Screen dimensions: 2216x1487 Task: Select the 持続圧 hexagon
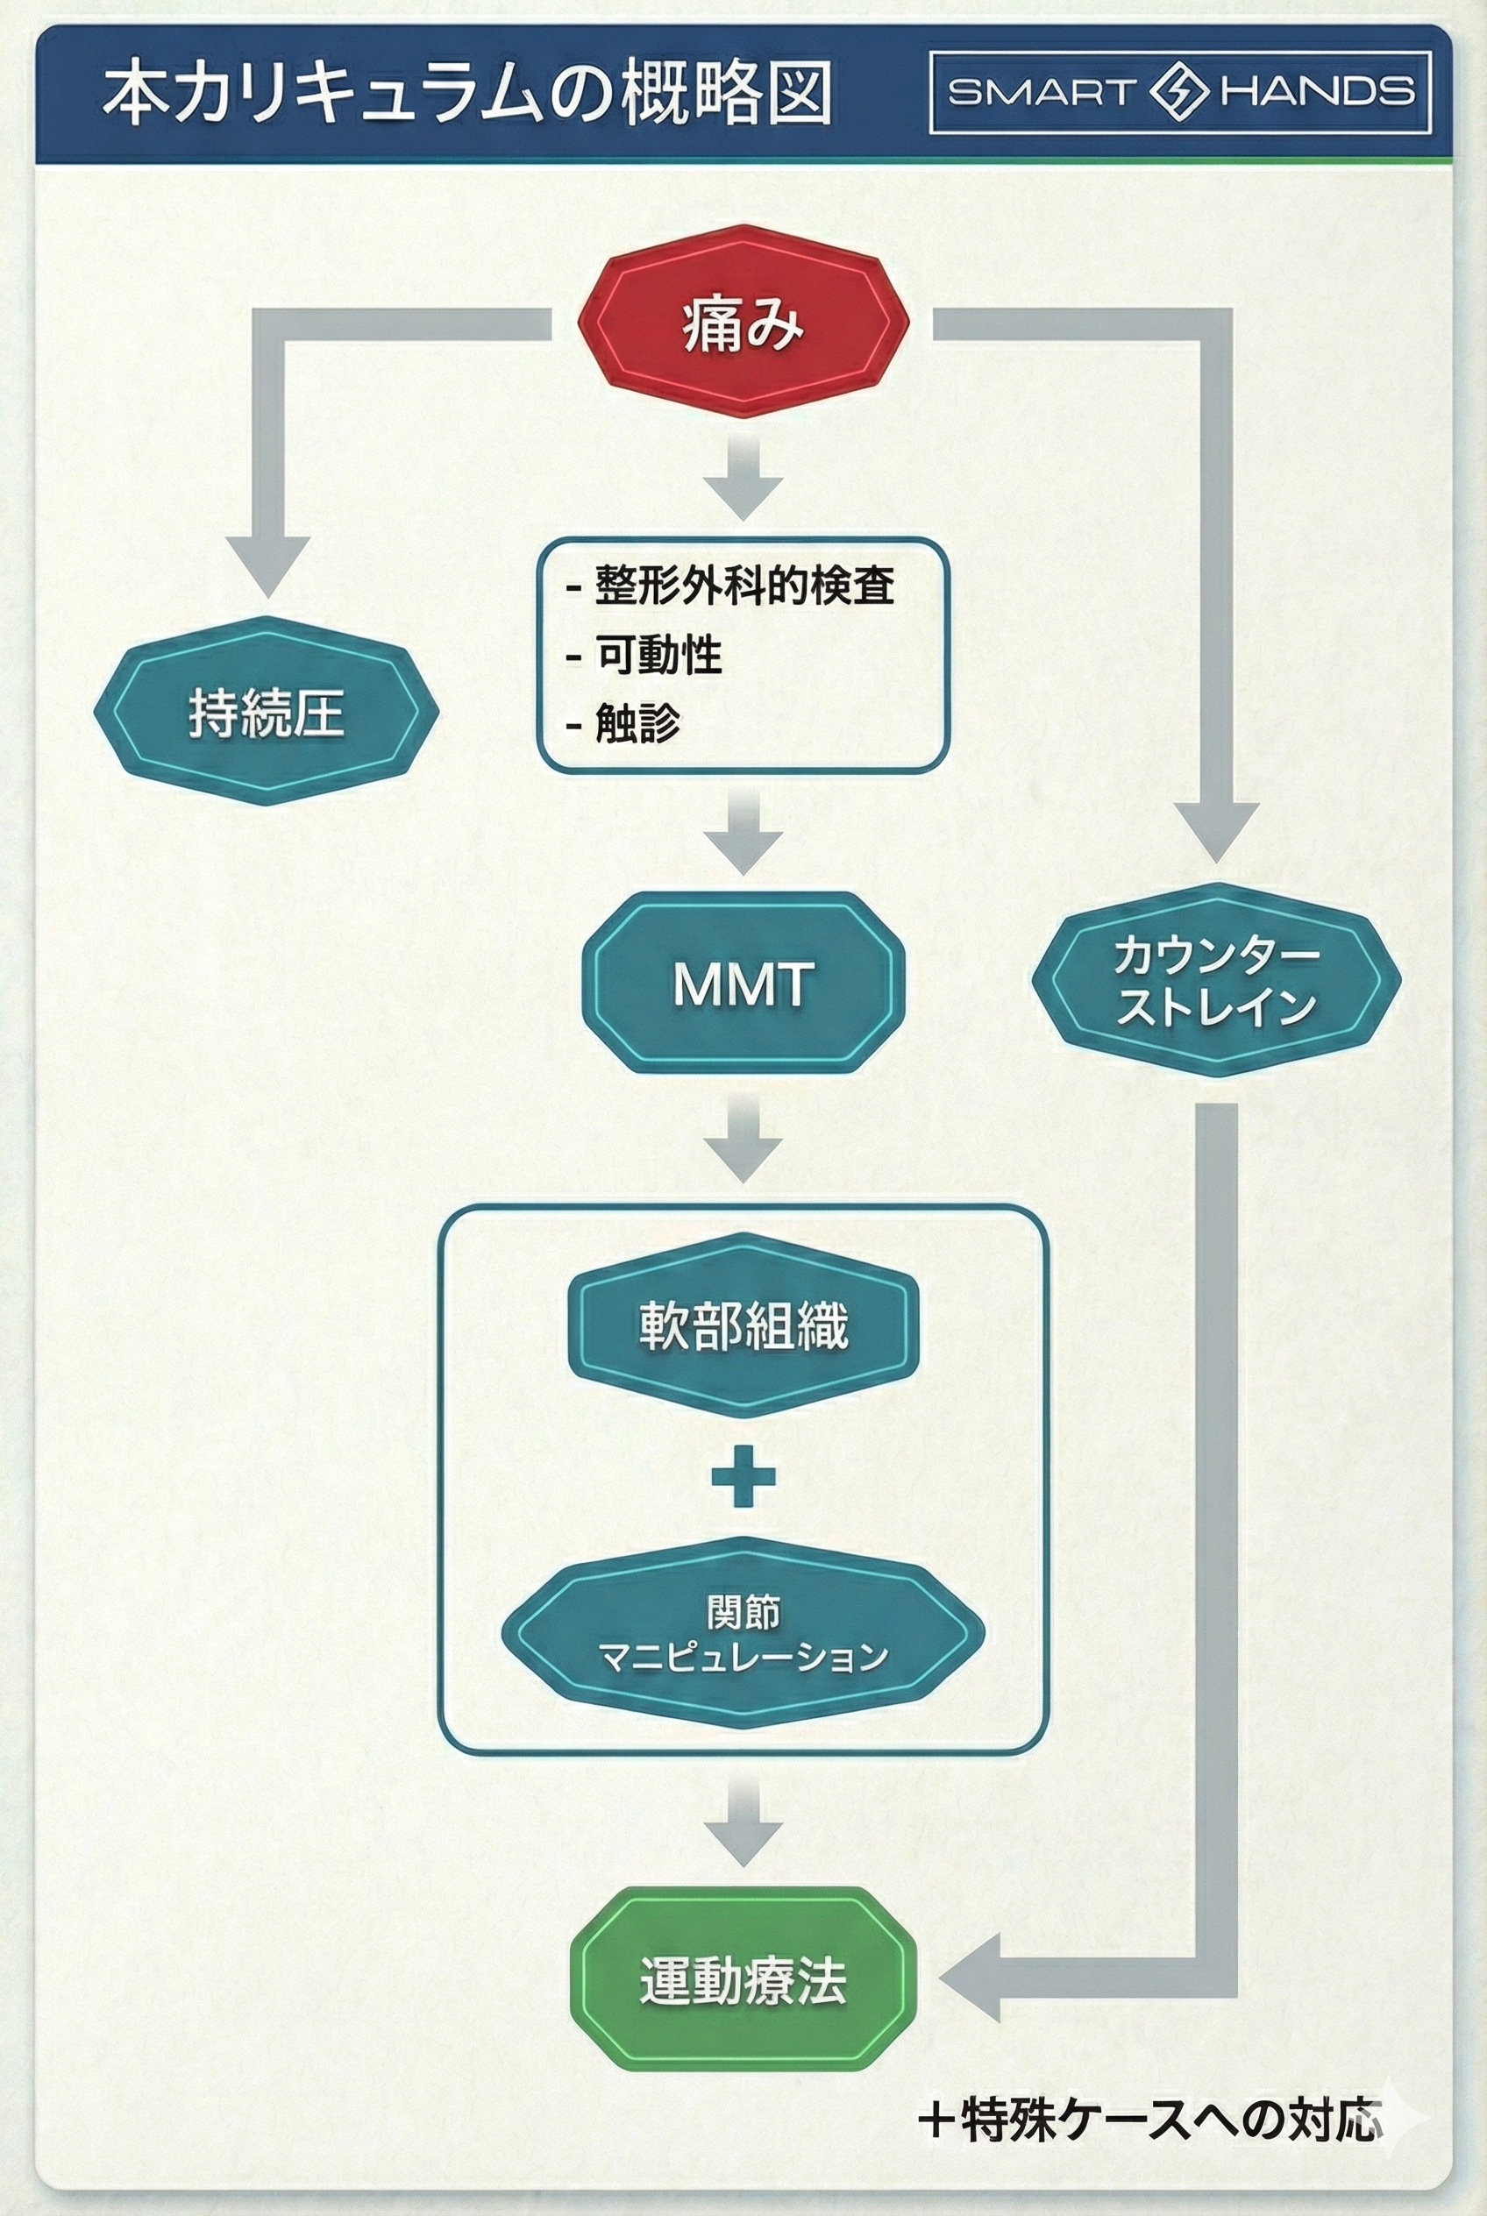266,711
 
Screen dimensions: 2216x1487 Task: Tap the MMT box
743,984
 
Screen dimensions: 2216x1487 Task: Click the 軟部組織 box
743,1325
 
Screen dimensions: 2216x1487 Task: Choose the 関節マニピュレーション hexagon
743,1632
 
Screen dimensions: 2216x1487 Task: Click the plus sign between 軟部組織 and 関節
743,1476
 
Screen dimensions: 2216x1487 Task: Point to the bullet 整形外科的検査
743,585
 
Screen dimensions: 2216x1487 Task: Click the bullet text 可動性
658,654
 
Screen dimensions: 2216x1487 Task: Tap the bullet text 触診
637,723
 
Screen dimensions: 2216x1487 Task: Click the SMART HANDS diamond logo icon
1178,92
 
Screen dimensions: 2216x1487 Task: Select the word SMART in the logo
1042,92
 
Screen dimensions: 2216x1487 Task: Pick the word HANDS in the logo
1317,92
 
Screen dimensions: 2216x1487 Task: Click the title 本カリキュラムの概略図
466,95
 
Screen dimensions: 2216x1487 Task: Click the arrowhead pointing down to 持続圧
267,565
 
